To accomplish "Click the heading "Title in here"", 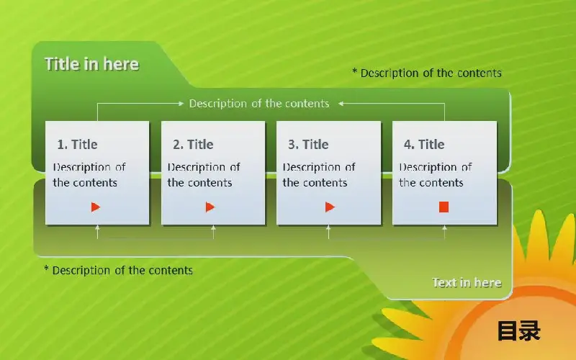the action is [92, 64].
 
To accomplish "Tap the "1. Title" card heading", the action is [77, 145].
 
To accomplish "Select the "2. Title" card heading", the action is [193, 145].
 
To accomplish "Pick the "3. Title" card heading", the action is [308, 145].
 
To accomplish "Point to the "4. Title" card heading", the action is [424, 145].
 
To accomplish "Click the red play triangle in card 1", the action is [96, 207].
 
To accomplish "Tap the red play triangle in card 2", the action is [210, 207].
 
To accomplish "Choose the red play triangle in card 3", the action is [330, 207].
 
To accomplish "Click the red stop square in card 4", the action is [444, 207].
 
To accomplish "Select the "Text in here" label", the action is [467, 282].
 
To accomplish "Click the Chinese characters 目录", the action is [518, 330].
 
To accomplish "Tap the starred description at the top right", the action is [427, 73].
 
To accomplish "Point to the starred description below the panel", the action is [118, 271].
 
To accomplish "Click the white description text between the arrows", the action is [259, 104].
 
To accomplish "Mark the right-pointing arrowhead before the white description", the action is [181, 104].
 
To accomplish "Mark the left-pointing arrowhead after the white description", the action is [341, 104].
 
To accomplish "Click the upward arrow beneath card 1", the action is [97, 232].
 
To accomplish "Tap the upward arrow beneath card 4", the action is [444, 232].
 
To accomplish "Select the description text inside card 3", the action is [318, 175].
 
